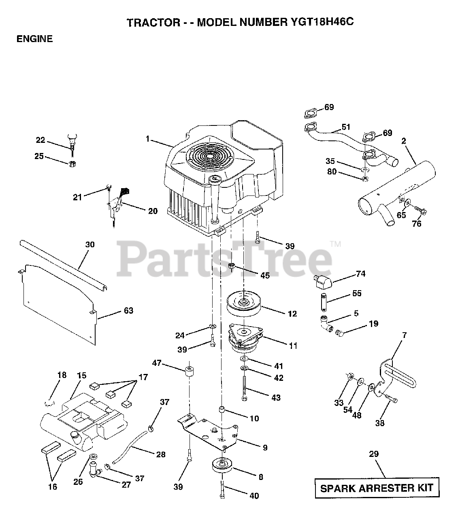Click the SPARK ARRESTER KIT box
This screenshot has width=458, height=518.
tap(377, 488)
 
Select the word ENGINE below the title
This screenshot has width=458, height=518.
tap(34, 39)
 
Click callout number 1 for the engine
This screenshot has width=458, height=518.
tap(148, 139)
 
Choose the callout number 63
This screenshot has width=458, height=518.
tap(129, 311)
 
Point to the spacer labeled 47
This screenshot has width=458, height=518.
tap(189, 372)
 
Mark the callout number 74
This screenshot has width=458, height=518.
tap(360, 274)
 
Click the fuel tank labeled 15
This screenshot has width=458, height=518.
tap(81, 421)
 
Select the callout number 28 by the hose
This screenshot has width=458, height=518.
tap(160, 454)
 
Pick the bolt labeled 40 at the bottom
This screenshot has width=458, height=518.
tap(222, 489)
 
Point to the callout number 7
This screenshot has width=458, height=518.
tap(404, 335)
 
